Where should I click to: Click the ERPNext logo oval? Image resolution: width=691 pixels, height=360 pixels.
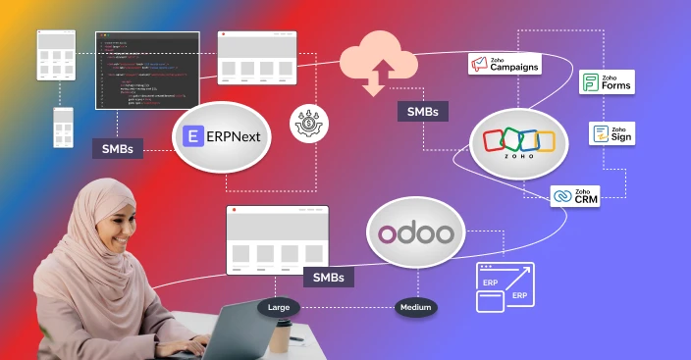(221, 137)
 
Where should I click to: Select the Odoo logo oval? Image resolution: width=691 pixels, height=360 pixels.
(416, 235)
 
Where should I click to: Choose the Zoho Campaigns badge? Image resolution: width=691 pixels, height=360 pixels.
(505, 64)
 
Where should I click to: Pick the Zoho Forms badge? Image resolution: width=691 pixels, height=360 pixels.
(607, 82)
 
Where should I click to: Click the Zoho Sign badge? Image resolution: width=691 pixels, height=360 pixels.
(612, 134)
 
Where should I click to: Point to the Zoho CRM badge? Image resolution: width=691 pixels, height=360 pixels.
(575, 196)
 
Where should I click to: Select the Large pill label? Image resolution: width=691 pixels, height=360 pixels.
(279, 308)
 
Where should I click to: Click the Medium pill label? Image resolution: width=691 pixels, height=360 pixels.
(416, 308)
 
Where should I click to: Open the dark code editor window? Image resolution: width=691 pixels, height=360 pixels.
(147, 70)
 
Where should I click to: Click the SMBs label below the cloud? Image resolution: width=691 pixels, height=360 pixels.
(422, 111)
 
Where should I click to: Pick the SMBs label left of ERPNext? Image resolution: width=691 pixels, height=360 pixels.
(118, 149)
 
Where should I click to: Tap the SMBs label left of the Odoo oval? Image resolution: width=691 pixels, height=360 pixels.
(328, 278)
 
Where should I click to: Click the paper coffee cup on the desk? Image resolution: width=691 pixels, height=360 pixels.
(282, 340)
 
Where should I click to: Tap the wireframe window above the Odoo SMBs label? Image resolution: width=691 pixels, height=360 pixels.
(262, 239)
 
